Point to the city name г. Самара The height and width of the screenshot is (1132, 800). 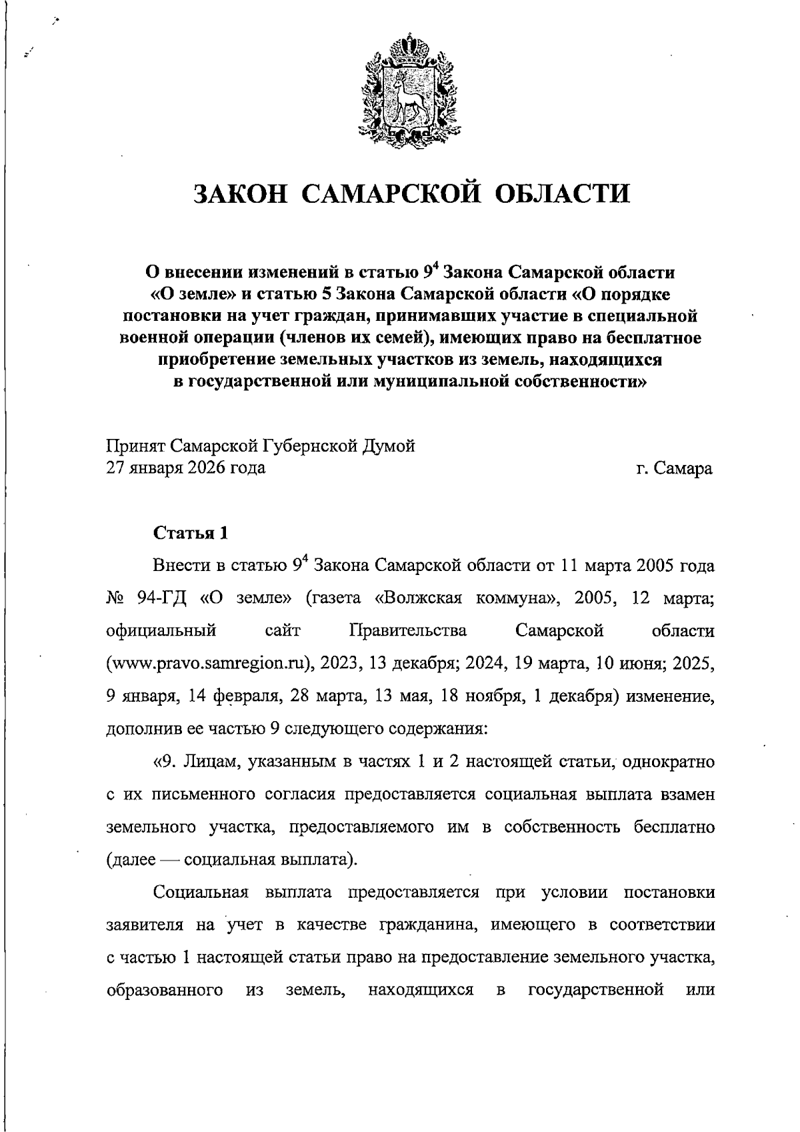click(674, 468)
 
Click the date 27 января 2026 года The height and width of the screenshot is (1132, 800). click(186, 468)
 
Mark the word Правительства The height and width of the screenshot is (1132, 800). click(408, 631)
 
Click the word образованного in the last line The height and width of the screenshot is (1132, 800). click(165, 989)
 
